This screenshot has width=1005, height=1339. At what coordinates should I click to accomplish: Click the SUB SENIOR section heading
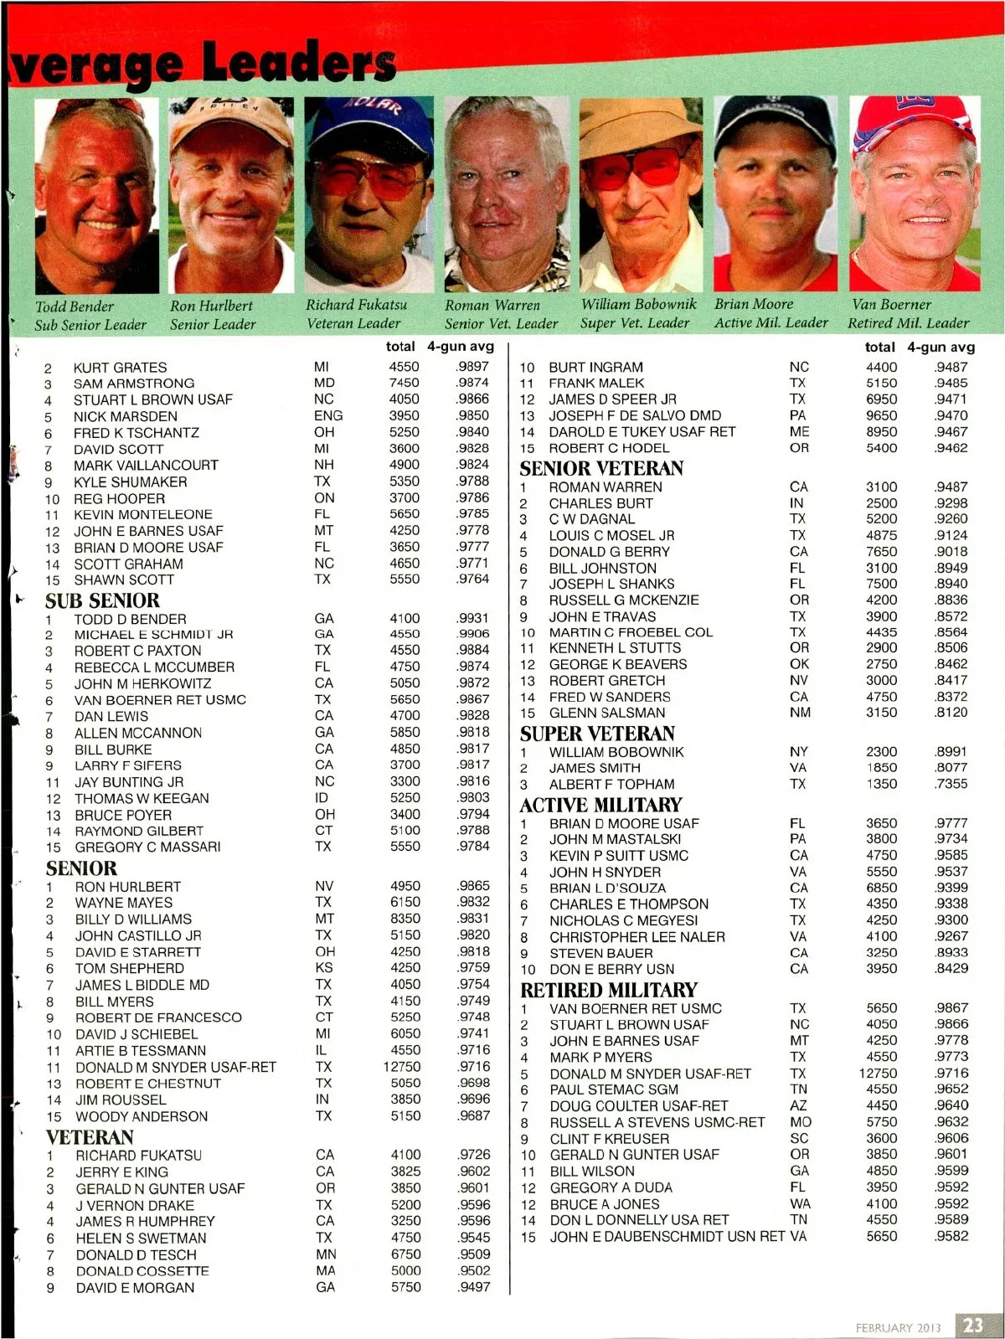(102, 600)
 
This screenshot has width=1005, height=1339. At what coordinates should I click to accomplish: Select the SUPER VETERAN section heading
(596, 734)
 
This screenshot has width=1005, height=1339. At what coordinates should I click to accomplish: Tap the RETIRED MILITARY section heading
(608, 990)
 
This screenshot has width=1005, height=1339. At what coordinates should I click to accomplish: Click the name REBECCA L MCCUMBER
(154, 667)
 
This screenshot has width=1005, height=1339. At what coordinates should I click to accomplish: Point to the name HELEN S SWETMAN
(141, 1238)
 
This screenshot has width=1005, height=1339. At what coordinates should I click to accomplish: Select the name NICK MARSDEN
(125, 416)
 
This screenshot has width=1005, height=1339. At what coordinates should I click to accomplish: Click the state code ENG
(327, 415)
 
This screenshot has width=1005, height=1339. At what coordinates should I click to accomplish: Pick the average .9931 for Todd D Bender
(473, 618)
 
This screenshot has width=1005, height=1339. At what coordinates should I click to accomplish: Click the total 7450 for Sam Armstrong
(404, 383)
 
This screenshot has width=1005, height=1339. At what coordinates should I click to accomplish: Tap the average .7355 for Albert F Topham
(951, 784)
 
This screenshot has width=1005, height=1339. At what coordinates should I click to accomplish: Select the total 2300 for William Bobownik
(881, 752)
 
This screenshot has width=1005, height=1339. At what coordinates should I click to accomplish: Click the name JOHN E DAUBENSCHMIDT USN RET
(667, 1236)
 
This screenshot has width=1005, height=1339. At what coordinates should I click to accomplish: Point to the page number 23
(973, 1325)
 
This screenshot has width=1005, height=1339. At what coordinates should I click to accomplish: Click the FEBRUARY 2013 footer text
(898, 1327)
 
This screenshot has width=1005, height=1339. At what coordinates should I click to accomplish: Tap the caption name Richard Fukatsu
(356, 305)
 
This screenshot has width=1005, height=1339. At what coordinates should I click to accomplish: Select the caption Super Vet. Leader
(634, 323)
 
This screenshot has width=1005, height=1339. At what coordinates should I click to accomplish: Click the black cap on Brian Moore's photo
(776, 121)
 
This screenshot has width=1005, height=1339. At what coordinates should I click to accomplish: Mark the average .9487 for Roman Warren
(951, 487)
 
